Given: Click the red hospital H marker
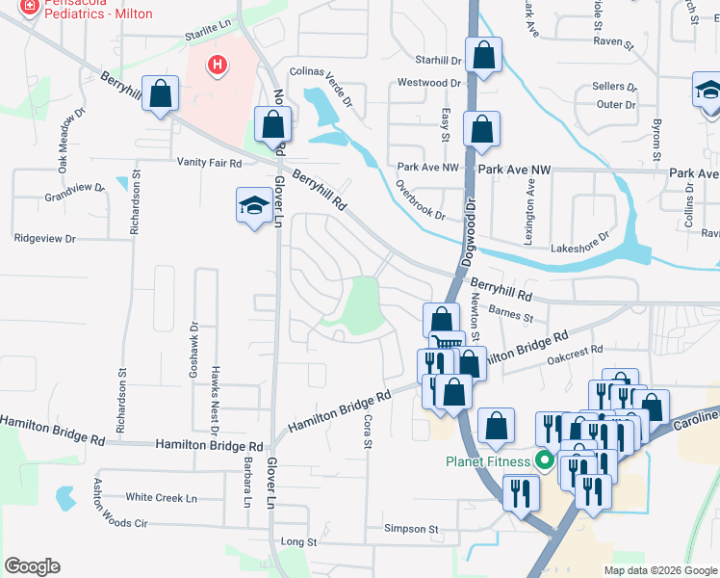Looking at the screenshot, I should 219,66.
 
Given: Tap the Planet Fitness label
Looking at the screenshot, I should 487,460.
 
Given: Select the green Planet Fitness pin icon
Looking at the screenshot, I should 544,460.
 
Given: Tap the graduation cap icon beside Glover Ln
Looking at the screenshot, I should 254,205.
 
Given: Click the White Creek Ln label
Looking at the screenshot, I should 161,498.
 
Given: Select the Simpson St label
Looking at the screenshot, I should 411,529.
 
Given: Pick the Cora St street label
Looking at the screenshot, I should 367,433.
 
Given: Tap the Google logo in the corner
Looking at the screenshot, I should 32,566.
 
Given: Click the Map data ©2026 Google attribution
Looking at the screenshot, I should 659,570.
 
